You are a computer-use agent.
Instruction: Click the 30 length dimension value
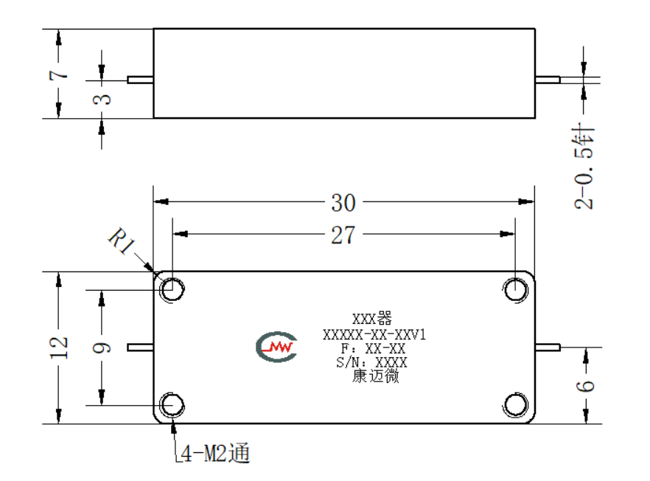343,203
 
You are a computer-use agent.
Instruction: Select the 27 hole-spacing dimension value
343,235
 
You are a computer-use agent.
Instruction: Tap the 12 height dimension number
58,347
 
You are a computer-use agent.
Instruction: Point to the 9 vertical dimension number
102,347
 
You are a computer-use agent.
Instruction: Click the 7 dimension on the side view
58,75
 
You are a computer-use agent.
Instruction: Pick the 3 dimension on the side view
102,99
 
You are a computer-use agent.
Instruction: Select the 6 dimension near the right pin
585,386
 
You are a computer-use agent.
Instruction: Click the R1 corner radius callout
122,240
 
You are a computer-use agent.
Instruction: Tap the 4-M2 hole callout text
215,453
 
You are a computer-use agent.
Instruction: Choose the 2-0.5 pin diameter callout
584,166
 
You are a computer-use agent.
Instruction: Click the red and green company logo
276,347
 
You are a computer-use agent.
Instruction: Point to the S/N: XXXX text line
371,362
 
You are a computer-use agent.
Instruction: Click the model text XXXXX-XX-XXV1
374,334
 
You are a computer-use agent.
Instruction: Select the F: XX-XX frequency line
373,349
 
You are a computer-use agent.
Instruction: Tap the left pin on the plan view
140,347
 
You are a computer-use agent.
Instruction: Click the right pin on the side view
548,80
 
